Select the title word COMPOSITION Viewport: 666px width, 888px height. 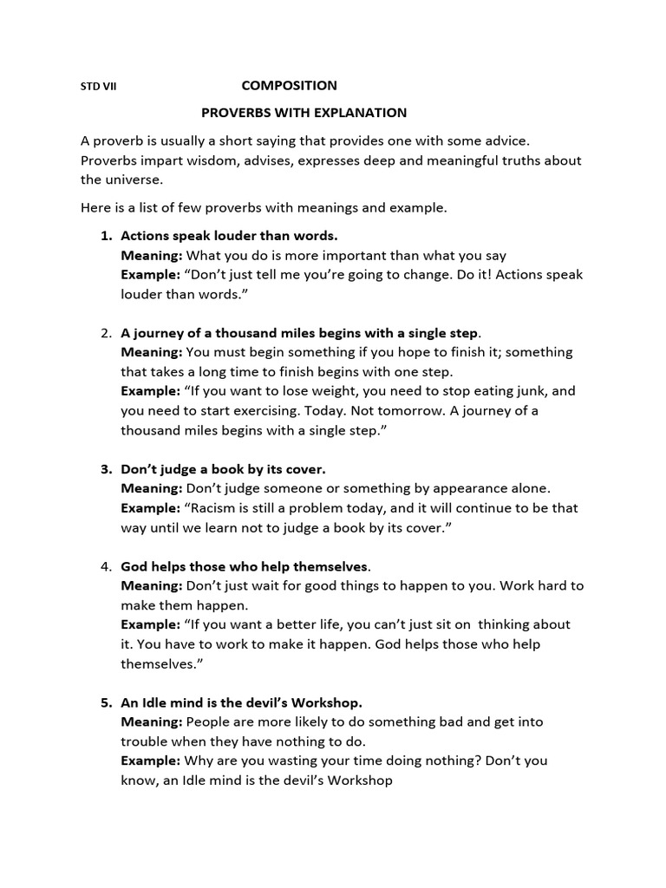coord(289,86)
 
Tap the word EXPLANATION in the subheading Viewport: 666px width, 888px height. coord(354,113)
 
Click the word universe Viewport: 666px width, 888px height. coord(134,180)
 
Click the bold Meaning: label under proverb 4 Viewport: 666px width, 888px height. coord(152,585)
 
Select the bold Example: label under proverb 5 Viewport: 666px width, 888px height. coord(151,761)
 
